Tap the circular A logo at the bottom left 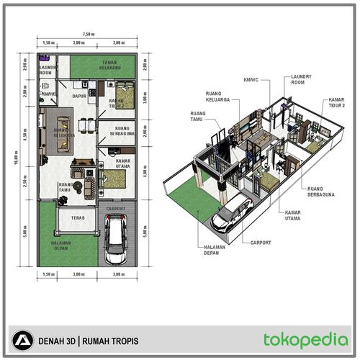pos(24,340)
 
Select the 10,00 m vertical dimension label pos(16,161)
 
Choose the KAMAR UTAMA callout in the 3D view pos(293,216)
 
